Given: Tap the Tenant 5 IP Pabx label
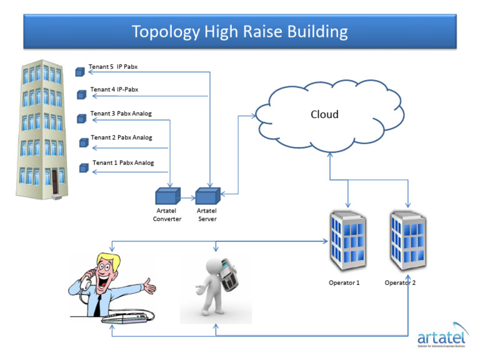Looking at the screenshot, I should [x=113, y=67].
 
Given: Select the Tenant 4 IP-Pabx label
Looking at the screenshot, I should [x=114, y=90].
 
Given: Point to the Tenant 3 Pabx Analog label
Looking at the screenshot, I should [x=121, y=114].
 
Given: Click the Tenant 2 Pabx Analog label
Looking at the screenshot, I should [x=122, y=137].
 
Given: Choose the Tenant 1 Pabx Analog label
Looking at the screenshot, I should [x=123, y=162].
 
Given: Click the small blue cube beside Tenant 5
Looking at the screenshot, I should [x=80, y=72].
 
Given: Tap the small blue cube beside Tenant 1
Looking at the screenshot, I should [x=84, y=167].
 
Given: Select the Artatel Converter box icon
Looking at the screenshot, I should [x=167, y=195].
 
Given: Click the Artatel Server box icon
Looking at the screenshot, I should [x=207, y=195].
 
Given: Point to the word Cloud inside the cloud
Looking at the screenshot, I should [x=324, y=114].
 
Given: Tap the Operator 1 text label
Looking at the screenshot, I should [x=344, y=282].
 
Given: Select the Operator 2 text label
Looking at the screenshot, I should [x=400, y=282].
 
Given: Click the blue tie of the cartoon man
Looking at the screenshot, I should [x=99, y=299].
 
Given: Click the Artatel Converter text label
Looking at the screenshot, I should [x=167, y=215].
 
